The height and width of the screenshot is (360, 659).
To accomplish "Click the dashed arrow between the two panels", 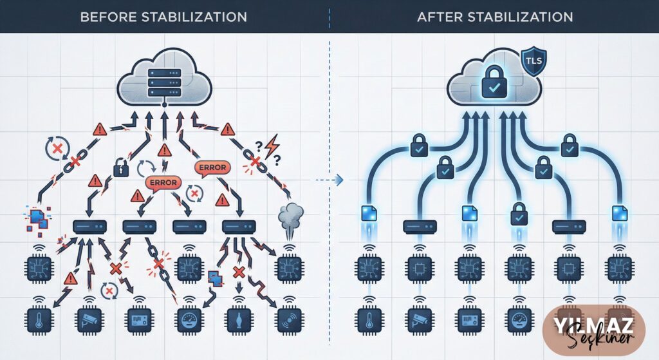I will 329,180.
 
